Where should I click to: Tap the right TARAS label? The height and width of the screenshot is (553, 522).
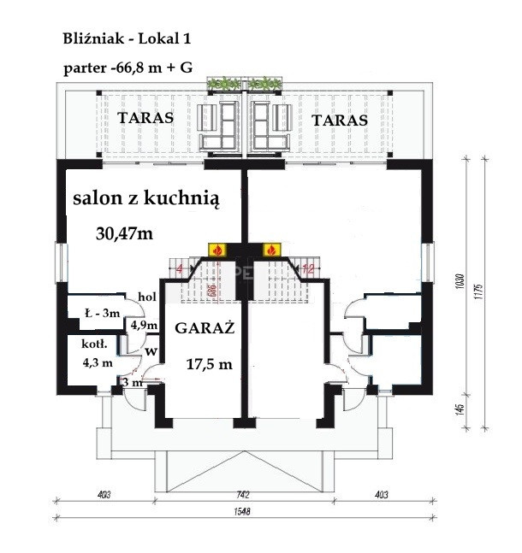tap(340, 121)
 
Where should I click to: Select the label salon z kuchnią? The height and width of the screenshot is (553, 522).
tap(146, 199)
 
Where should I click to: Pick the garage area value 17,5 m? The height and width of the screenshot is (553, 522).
tap(210, 363)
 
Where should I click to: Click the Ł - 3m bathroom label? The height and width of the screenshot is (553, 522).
tap(102, 313)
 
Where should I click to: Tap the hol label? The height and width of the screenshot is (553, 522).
tap(146, 296)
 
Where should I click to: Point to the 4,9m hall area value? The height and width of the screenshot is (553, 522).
tap(143, 326)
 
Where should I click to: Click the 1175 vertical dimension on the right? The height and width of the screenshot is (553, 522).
tap(483, 293)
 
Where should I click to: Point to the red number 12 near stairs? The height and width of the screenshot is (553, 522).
tap(309, 270)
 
